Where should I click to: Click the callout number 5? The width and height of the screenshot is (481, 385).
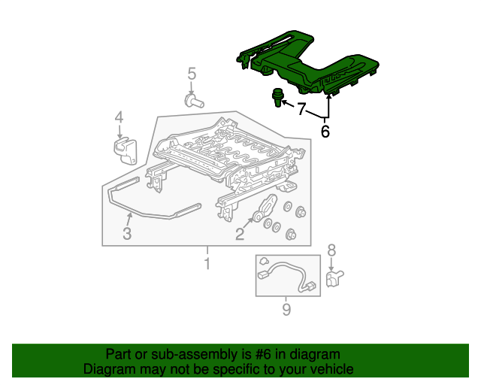coord(192,74)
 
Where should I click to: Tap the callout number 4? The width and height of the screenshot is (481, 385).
coord(119,117)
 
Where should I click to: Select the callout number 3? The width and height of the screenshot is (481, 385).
coord(127,233)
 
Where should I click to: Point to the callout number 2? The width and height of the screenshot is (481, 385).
coord(240,234)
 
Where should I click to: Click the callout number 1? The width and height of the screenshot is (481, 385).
coord(207,264)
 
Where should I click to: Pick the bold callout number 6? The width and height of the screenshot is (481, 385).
coord(325,132)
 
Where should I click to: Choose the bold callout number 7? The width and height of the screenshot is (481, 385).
coord(302,109)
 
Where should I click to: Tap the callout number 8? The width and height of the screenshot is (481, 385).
coord(331,250)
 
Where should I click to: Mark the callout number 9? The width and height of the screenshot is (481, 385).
coord(286,309)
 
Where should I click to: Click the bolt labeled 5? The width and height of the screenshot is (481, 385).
coord(194,102)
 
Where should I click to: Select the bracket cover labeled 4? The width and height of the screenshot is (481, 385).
coord(126,151)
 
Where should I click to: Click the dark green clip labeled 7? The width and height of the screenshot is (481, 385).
coord(277,97)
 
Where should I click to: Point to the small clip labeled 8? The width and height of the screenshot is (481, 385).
coord(334,278)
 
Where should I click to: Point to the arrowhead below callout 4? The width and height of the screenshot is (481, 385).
coord(119,135)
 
